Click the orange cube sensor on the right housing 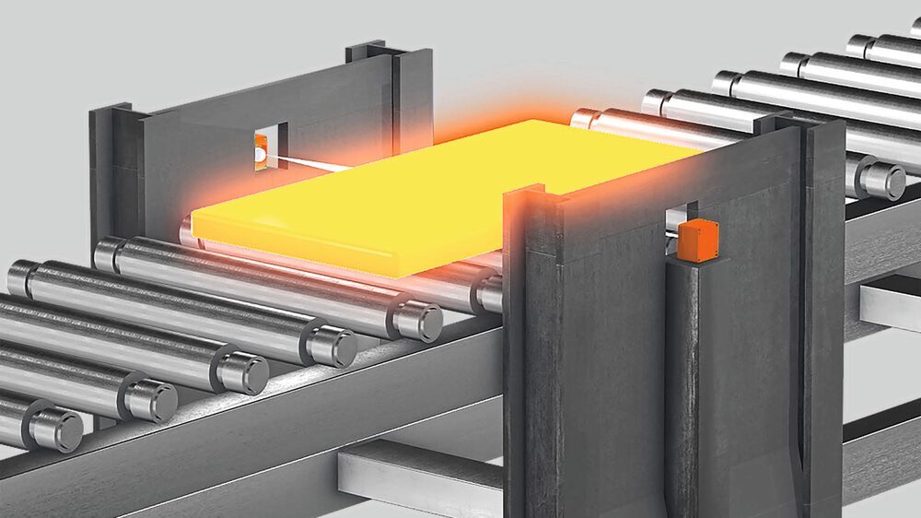[697, 241]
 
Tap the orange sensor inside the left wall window [261, 144]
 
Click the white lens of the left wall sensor [261, 158]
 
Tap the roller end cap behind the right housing [881, 180]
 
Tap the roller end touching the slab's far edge [585, 118]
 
